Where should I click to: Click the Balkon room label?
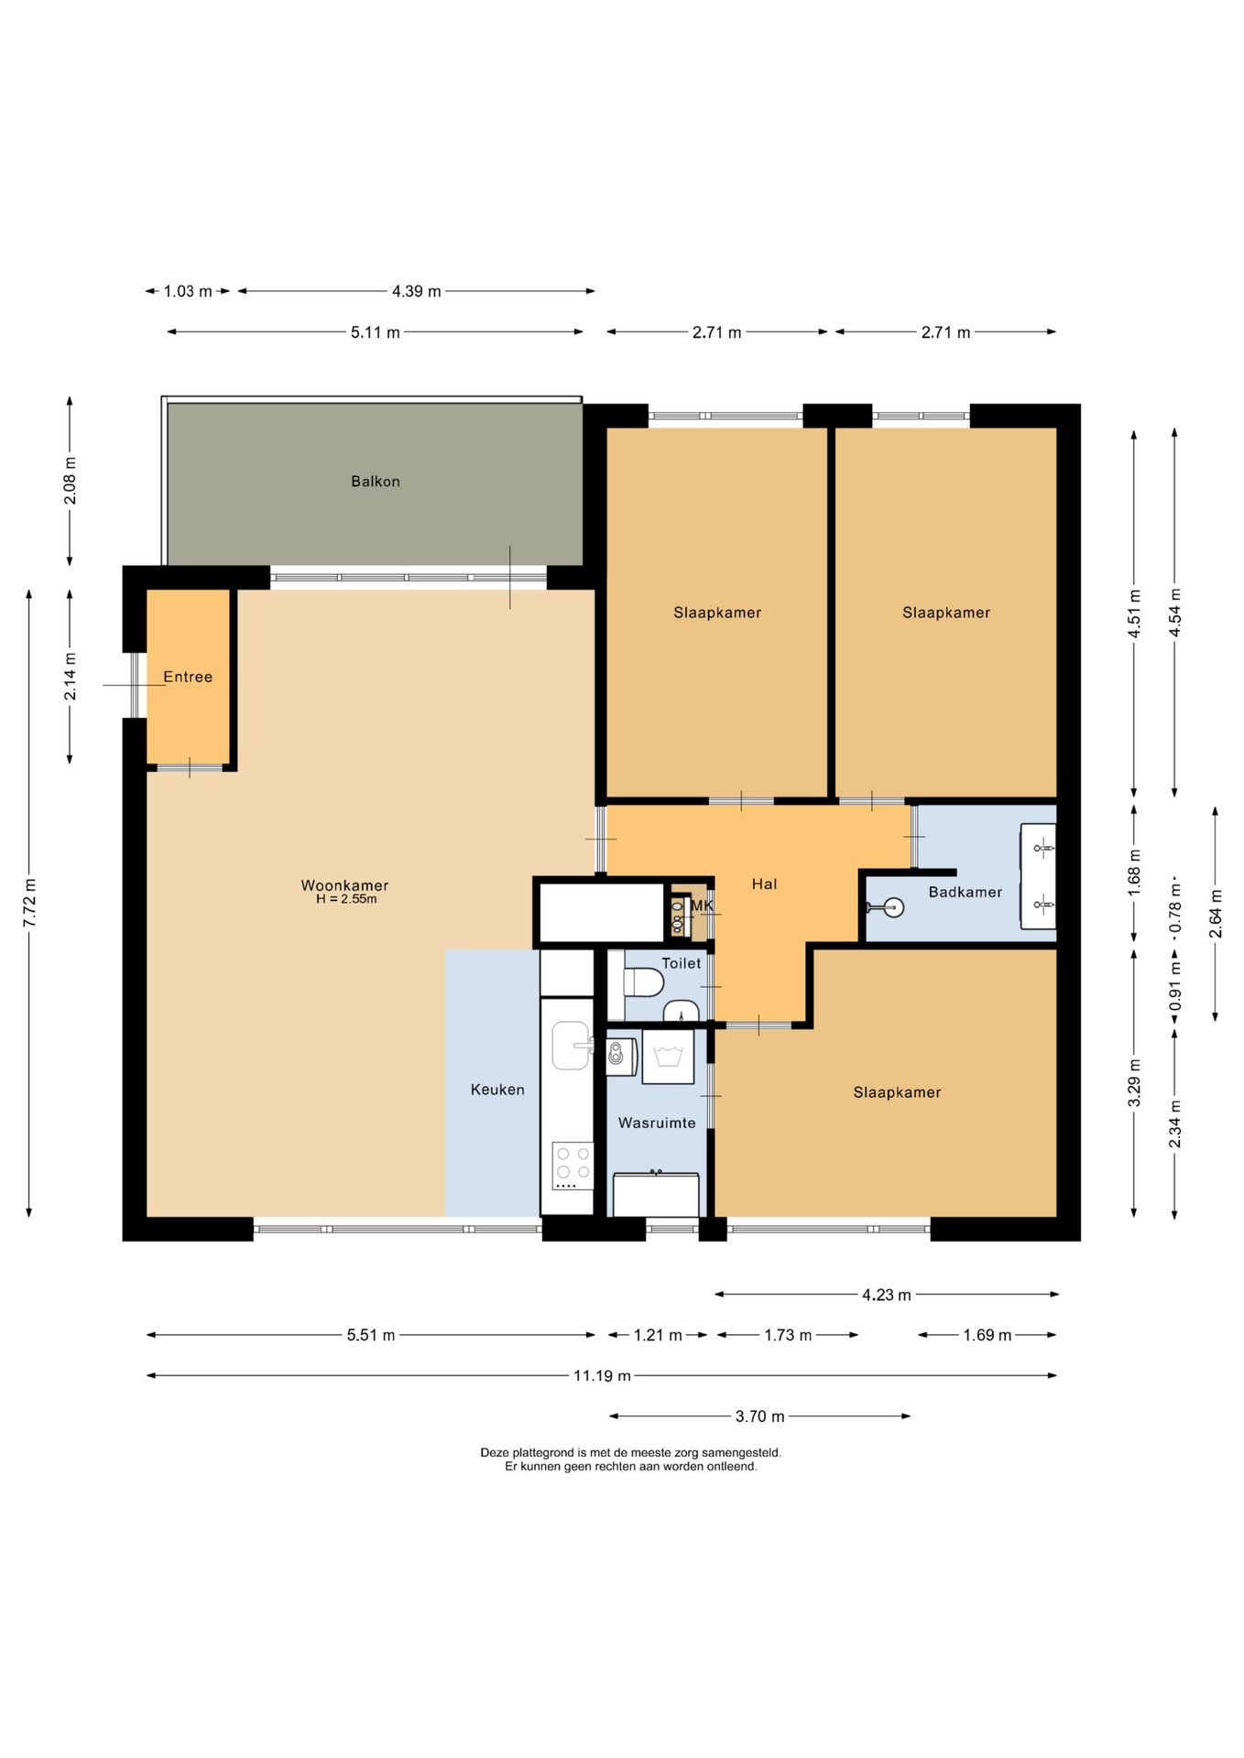[x=376, y=482]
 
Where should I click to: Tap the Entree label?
[x=188, y=677]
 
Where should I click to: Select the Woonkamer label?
[x=345, y=885]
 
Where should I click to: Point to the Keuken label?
[x=497, y=1090]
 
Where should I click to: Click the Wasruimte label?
[x=657, y=1123]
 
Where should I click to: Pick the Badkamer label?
[x=966, y=892]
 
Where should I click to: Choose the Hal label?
[x=764, y=884]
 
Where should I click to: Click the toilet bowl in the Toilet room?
[x=644, y=982]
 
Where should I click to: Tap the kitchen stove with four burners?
[x=573, y=1165]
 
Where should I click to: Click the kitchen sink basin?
[x=572, y=1045]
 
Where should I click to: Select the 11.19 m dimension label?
[x=602, y=1375]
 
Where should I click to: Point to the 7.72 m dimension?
[x=29, y=903]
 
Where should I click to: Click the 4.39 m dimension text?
[x=417, y=291]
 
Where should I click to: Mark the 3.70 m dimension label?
[x=760, y=1416]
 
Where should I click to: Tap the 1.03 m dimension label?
[x=188, y=291]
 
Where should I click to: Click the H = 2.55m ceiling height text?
[x=346, y=899]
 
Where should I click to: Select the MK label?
[x=702, y=906]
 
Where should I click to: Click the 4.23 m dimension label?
[x=887, y=1295]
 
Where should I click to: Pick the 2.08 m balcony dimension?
[x=70, y=481]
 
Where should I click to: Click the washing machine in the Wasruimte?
[x=668, y=1057]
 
